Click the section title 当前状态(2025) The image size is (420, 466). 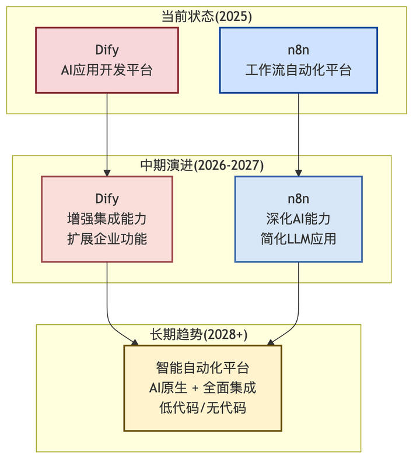pos(206,16)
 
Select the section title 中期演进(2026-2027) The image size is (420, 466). pos(202,165)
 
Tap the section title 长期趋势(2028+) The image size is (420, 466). pos(198,334)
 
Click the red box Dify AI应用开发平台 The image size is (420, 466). pos(107,59)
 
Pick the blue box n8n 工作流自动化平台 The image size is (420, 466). pos(299,59)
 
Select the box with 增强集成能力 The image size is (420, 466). pos(107,219)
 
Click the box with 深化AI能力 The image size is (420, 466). pos(299,219)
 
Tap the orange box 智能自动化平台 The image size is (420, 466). pos(202,388)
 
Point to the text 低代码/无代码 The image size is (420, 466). pos(202,408)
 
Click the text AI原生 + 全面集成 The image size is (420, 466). pos(202,388)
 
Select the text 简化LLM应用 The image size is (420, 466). pos(299,239)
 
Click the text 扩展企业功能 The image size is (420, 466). pos(107,239)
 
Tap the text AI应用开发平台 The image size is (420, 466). pos(107,70)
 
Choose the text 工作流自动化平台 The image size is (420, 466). pos(299,70)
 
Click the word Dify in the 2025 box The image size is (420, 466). pos(107,50)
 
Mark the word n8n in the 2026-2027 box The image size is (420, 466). pos(299,199)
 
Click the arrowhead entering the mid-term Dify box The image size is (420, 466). pos(107,173)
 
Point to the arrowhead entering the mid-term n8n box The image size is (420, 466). pos(299,173)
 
